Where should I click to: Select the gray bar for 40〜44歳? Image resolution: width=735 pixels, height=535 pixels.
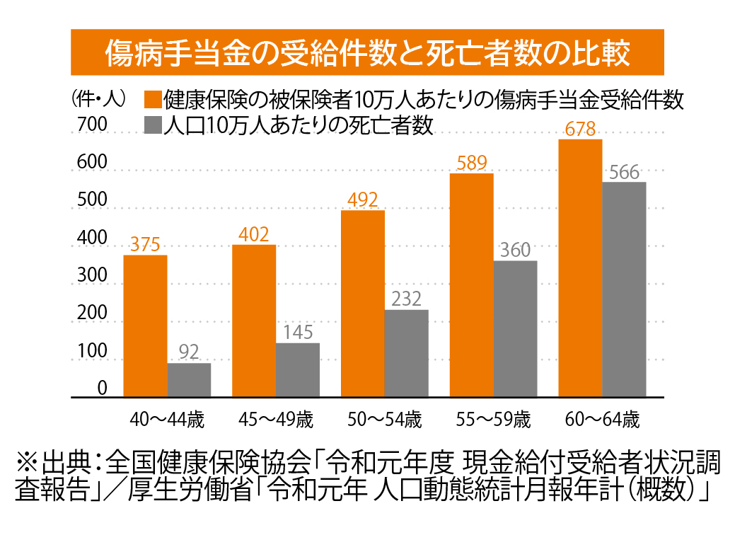coord(189,380)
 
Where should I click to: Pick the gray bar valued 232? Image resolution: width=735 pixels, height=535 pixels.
coord(407,353)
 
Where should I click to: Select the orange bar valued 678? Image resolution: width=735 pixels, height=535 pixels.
coord(580,268)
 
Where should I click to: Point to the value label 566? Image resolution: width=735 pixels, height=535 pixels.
coord(623,172)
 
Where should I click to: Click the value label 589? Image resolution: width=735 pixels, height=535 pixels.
coord(471,163)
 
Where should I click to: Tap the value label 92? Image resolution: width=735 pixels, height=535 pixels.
coord(189,352)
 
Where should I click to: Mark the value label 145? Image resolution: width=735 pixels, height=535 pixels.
coord(297,333)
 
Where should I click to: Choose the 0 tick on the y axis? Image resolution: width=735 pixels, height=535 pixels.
coord(102,389)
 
